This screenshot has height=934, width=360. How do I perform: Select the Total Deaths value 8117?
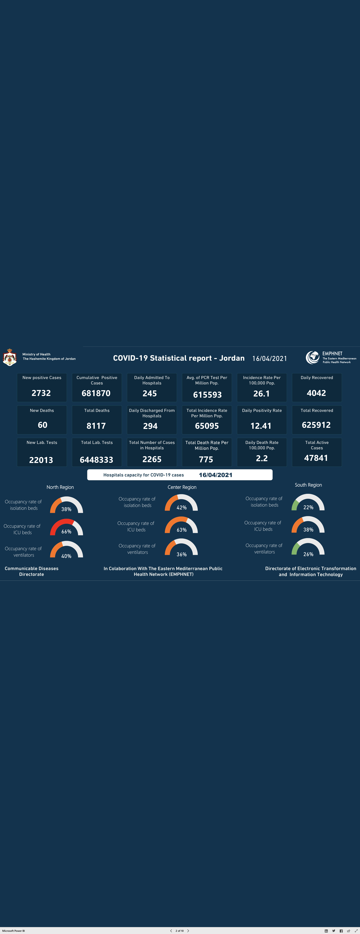[x=96, y=426]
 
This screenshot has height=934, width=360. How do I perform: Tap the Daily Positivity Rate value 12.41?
[x=261, y=426]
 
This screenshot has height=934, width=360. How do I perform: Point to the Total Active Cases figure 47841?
[x=316, y=458]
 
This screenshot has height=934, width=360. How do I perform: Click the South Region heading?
[x=308, y=485]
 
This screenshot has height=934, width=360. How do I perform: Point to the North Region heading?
[x=60, y=487]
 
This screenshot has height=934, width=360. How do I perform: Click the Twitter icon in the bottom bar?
[x=334, y=931]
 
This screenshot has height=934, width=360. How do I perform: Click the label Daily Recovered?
[x=317, y=377]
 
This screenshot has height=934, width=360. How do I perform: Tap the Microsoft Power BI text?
[x=13, y=931]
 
